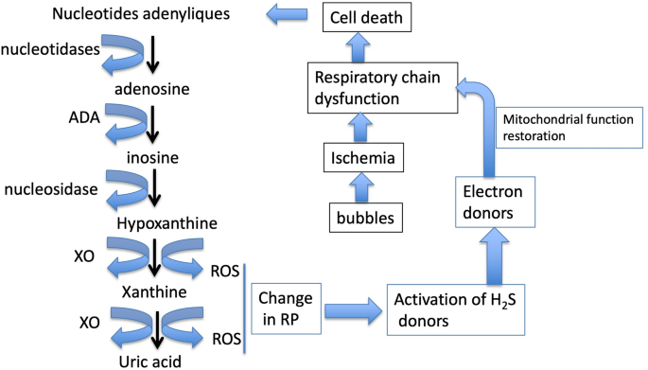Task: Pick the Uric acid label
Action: click(152, 359)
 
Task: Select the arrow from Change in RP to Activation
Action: click(357, 307)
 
